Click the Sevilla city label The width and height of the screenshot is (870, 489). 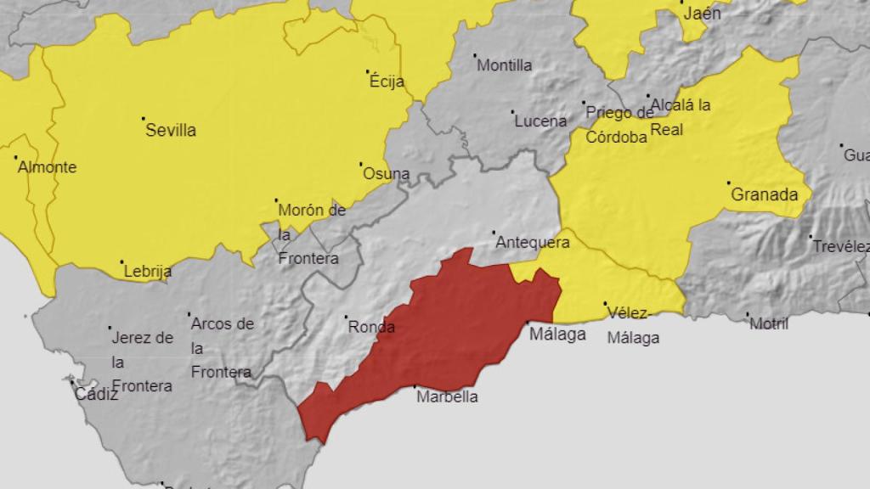[x=171, y=130]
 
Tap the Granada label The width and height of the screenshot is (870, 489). [x=765, y=194]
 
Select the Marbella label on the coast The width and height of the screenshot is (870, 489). [x=447, y=396]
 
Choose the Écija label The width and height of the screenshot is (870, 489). [x=387, y=82]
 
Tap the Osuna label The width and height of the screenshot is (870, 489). [x=387, y=174]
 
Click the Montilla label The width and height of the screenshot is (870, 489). [x=505, y=65]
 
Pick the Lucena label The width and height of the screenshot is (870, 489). [x=540, y=121]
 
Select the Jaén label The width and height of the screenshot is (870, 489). [x=701, y=14]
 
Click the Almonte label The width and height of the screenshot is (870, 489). [x=47, y=167]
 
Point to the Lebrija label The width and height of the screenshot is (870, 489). [x=148, y=272]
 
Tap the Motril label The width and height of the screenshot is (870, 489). [x=769, y=323]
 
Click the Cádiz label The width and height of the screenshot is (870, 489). [x=97, y=394]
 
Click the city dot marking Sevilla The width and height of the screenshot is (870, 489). [x=143, y=118]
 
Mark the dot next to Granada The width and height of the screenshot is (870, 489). [x=728, y=183]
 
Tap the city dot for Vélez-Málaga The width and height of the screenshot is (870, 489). [x=605, y=304]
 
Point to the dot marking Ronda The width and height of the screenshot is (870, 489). [x=347, y=318]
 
